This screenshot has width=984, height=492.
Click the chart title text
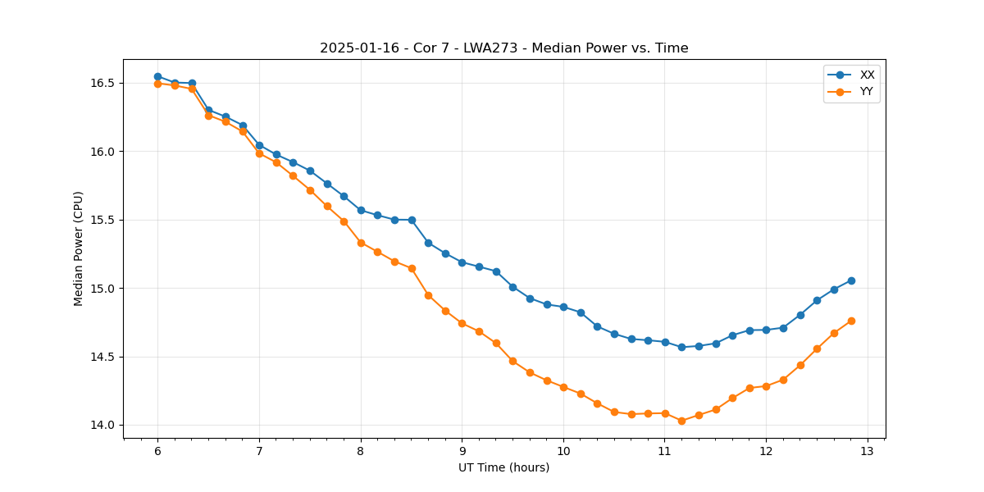(503, 48)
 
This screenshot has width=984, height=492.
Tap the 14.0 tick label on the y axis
(103, 426)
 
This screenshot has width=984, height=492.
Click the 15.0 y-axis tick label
(103, 289)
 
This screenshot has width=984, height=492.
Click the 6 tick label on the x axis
(157, 451)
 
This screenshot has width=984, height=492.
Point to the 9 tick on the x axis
(462, 451)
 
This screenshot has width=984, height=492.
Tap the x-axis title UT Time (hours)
(503, 467)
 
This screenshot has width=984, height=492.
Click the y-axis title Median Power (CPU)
(79, 248)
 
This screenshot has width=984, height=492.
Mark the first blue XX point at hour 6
(157, 76)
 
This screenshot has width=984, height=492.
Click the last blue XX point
(851, 280)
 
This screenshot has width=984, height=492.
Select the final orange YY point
(851, 321)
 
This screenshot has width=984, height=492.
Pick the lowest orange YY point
(681, 421)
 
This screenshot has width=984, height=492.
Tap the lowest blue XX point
(681, 347)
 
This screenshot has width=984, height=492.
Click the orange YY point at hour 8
(361, 243)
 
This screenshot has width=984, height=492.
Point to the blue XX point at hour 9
(462, 262)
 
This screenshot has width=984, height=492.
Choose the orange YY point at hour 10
(563, 387)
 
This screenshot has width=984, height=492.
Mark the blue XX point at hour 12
(766, 330)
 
